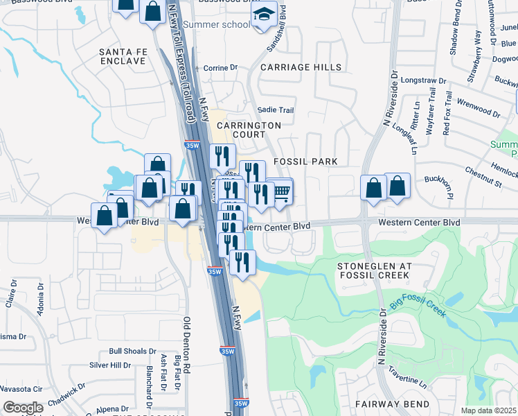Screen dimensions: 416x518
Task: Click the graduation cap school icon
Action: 263,15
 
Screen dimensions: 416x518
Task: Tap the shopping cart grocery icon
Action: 282,193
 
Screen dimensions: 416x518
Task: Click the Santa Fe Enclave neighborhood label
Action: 123,56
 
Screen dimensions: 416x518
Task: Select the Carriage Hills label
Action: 301,67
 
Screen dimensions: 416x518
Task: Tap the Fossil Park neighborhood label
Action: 305,162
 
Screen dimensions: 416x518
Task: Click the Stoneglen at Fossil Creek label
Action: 374,270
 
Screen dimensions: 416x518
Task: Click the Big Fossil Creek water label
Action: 418,309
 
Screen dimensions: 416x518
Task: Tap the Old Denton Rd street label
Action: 186,347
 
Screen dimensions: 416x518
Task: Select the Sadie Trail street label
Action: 276,110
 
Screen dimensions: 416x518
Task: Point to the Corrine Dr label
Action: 220,68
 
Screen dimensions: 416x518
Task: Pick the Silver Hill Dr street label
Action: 110,365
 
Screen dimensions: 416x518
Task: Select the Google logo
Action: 23,407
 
